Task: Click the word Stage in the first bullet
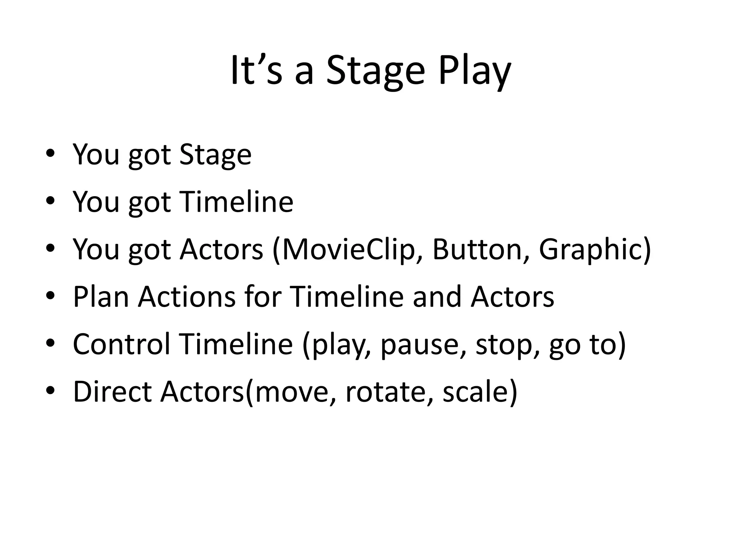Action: pyautogui.click(x=215, y=155)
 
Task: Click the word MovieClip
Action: pyautogui.click(x=348, y=249)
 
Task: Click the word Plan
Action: pyautogui.click(x=101, y=297)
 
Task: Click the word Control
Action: pyautogui.click(x=121, y=344)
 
